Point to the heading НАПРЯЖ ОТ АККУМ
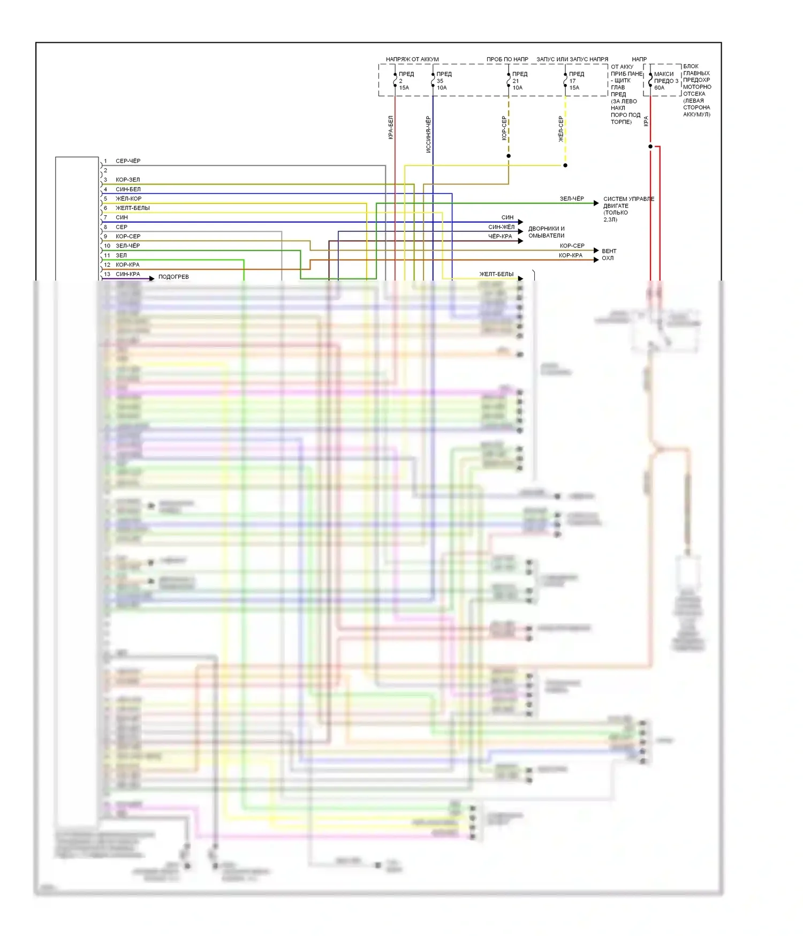[x=412, y=59]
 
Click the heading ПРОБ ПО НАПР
[x=507, y=59]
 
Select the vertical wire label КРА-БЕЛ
[x=391, y=127]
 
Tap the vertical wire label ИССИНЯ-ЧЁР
[x=428, y=134]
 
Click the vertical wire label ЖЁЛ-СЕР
[x=561, y=129]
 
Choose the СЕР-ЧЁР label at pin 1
[x=128, y=161]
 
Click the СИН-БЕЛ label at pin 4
[x=128, y=190]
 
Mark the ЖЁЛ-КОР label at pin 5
[x=128, y=199]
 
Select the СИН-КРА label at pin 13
[x=128, y=274]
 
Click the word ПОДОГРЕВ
[x=173, y=277]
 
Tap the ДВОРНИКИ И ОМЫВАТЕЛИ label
[x=546, y=232]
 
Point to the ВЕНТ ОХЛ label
[x=609, y=254]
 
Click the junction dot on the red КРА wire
[x=650, y=146]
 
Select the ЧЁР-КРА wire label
[x=500, y=236]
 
